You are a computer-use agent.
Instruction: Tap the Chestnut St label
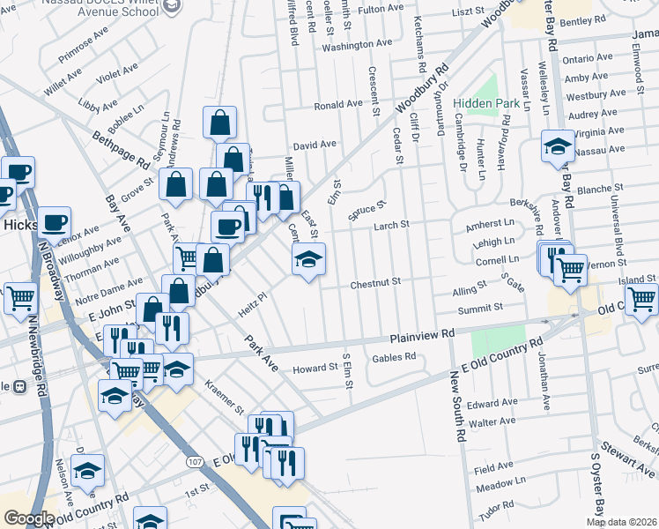point(376,282)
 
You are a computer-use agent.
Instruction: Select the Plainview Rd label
point(422,335)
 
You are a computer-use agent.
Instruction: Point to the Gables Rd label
point(393,357)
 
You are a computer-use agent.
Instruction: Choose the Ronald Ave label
point(339,104)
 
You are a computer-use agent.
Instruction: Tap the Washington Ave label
point(357,43)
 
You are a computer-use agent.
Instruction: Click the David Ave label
point(315,145)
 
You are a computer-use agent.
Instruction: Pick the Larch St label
point(392,226)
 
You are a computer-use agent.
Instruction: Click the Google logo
point(29,518)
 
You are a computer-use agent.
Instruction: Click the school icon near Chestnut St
point(308,258)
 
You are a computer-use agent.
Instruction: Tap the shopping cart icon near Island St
point(641,298)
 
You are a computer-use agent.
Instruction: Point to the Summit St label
point(480,308)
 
